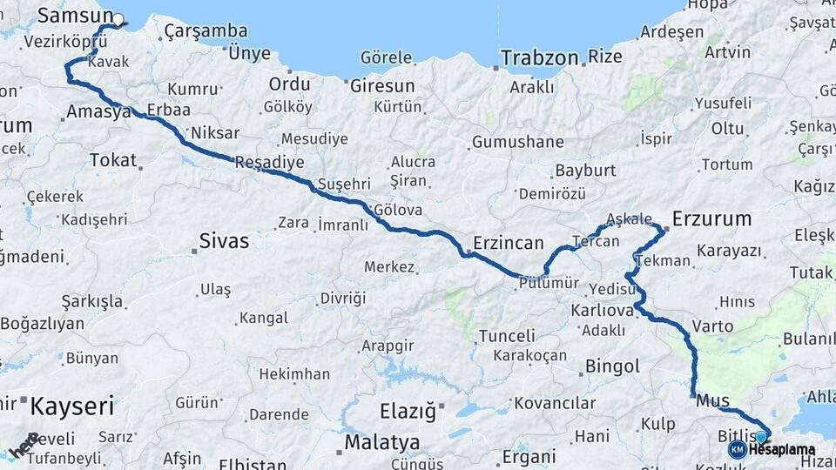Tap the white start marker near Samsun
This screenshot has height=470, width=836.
118,19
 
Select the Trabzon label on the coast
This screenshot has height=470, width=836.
539,58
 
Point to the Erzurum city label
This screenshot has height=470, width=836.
711,218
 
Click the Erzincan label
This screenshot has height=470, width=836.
509,243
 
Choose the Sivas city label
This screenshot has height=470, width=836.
224,240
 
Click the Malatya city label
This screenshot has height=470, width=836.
381,442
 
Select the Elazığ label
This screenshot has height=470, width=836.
408,411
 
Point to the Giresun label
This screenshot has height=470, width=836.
381,85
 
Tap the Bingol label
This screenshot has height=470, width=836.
612,366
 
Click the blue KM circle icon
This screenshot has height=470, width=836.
737,449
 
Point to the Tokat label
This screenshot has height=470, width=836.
113,160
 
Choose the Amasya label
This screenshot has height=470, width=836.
98,111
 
